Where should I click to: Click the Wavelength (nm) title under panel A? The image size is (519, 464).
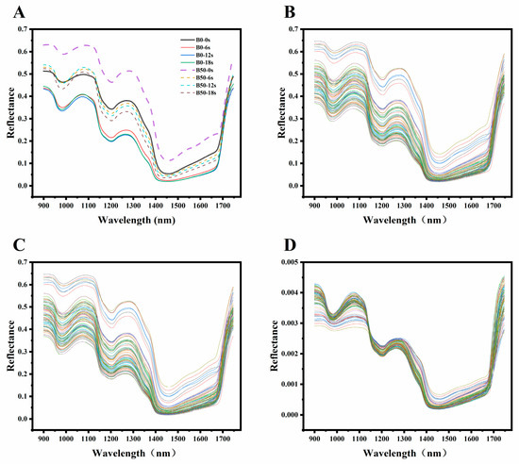135,221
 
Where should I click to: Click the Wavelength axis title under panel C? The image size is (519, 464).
135,454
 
